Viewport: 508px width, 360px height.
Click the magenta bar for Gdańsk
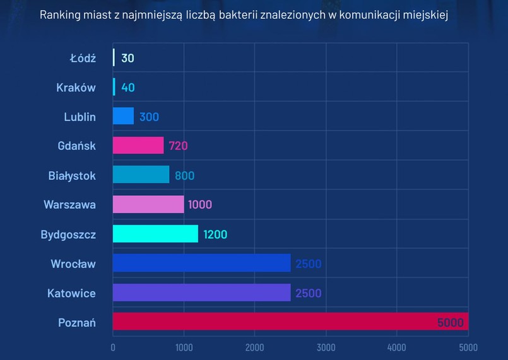[x=138, y=145]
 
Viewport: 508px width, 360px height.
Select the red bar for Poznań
[x=290, y=322]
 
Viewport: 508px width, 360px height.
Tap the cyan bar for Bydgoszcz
[x=155, y=234]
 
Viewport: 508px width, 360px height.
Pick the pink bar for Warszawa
[x=148, y=204]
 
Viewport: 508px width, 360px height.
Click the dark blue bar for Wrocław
[x=201, y=263]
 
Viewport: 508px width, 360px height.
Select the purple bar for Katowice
[x=201, y=292]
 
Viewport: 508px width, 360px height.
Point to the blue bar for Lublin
[x=123, y=116]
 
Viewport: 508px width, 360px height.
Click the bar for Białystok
[x=141, y=175]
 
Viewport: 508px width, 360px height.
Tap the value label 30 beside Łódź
[x=127, y=58]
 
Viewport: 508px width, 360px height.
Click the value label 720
[x=178, y=146]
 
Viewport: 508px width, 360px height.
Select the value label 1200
[x=215, y=234]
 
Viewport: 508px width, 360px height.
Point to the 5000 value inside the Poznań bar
[x=450, y=323]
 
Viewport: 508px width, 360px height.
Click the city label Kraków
[x=76, y=87]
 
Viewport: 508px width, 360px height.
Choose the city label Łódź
[x=82, y=58]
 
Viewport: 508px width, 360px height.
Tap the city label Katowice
[x=71, y=293]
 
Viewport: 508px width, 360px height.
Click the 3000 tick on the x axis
[x=326, y=347]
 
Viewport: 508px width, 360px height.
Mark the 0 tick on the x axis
[x=113, y=347]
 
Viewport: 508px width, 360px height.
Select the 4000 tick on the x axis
[x=397, y=347]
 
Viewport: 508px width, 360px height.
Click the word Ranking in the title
[x=60, y=15]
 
